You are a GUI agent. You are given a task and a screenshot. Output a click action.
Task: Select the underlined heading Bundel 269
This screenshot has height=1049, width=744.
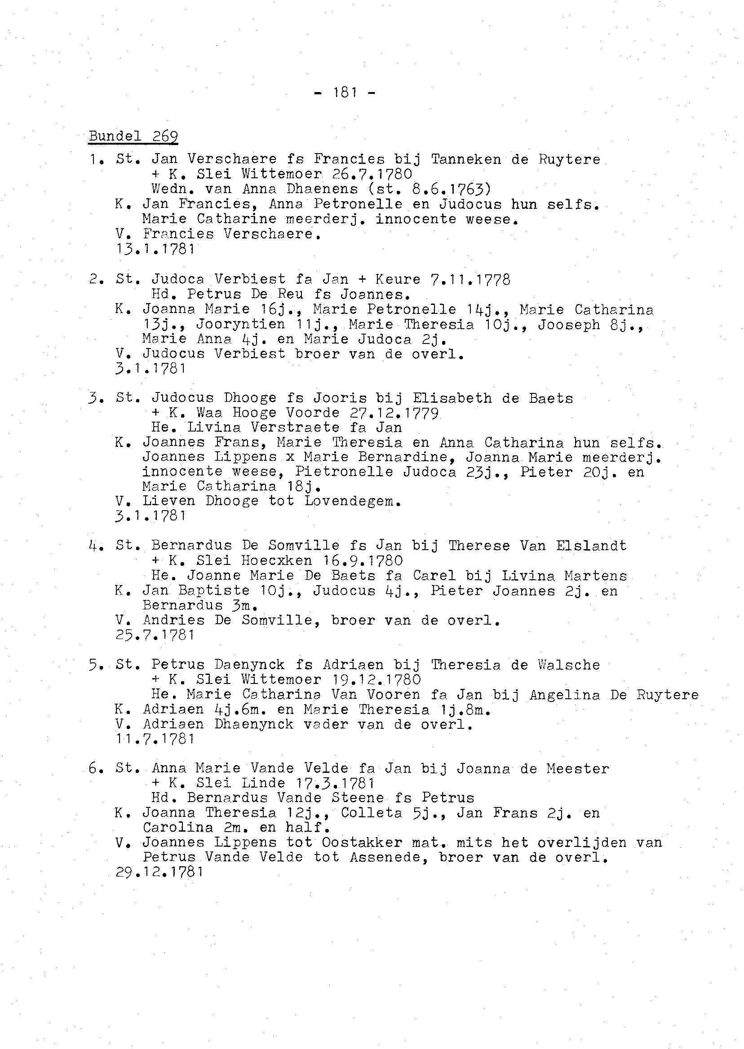tap(133, 137)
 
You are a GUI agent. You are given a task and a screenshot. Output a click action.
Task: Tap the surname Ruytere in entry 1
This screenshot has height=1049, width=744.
tap(569, 160)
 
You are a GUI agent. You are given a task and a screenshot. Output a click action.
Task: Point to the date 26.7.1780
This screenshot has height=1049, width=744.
tap(372, 174)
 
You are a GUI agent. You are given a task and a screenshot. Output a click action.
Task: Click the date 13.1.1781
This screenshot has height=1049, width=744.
tap(156, 250)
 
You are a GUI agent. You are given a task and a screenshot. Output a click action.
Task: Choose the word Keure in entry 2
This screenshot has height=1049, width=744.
tap(397, 279)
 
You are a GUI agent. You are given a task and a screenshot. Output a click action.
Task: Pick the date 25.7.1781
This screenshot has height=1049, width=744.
tap(156, 635)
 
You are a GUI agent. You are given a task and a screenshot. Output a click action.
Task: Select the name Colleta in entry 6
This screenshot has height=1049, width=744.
tap(371, 813)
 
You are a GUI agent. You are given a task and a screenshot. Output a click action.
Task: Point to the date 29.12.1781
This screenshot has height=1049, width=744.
tap(159, 872)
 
